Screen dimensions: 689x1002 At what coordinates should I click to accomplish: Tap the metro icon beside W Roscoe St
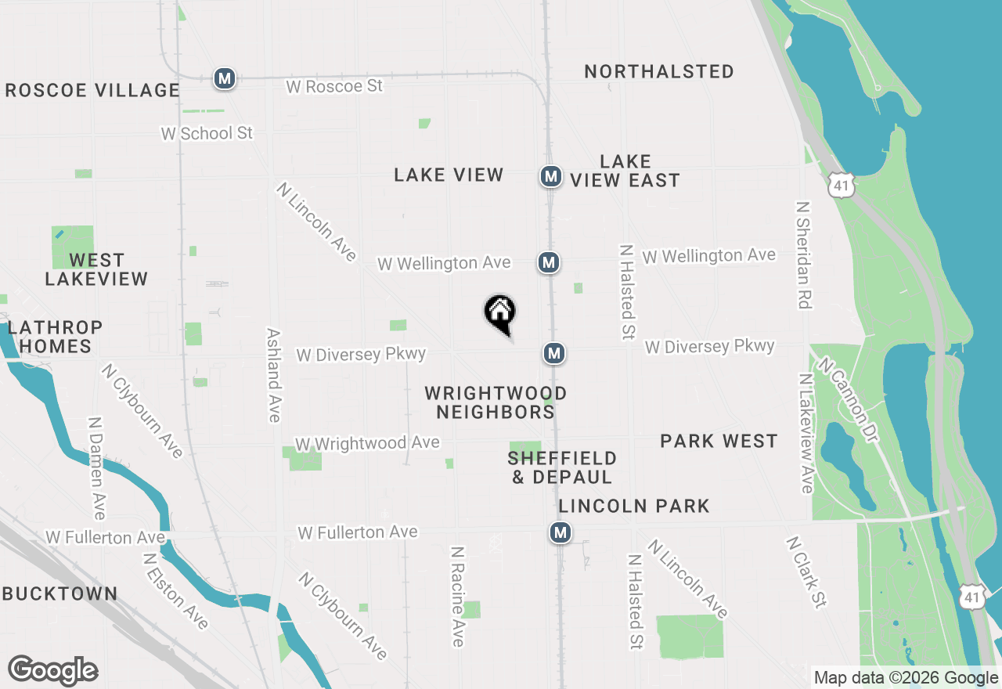225,78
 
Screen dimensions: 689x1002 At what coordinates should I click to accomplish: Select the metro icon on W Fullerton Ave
559,533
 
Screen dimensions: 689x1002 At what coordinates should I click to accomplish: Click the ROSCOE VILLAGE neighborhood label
92,90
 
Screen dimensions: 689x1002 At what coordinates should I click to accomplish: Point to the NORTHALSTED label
659,71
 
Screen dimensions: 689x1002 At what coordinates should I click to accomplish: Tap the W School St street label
207,133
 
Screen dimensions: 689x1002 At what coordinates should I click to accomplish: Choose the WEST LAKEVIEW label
96,269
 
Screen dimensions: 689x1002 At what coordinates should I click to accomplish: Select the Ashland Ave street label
274,375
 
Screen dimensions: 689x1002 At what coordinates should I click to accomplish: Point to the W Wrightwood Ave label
366,443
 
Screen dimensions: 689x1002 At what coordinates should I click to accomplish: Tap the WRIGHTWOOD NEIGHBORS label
496,402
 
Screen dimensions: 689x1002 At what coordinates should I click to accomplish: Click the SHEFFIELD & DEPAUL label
562,467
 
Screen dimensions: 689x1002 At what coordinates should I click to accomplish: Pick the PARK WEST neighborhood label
719,442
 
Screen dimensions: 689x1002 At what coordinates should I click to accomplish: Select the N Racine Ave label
458,596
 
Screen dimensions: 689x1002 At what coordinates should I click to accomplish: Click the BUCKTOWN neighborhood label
59,593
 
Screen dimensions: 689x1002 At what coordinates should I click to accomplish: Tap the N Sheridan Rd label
803,255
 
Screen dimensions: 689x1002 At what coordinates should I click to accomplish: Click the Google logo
52,671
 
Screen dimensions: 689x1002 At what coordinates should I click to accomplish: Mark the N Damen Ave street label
97,467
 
